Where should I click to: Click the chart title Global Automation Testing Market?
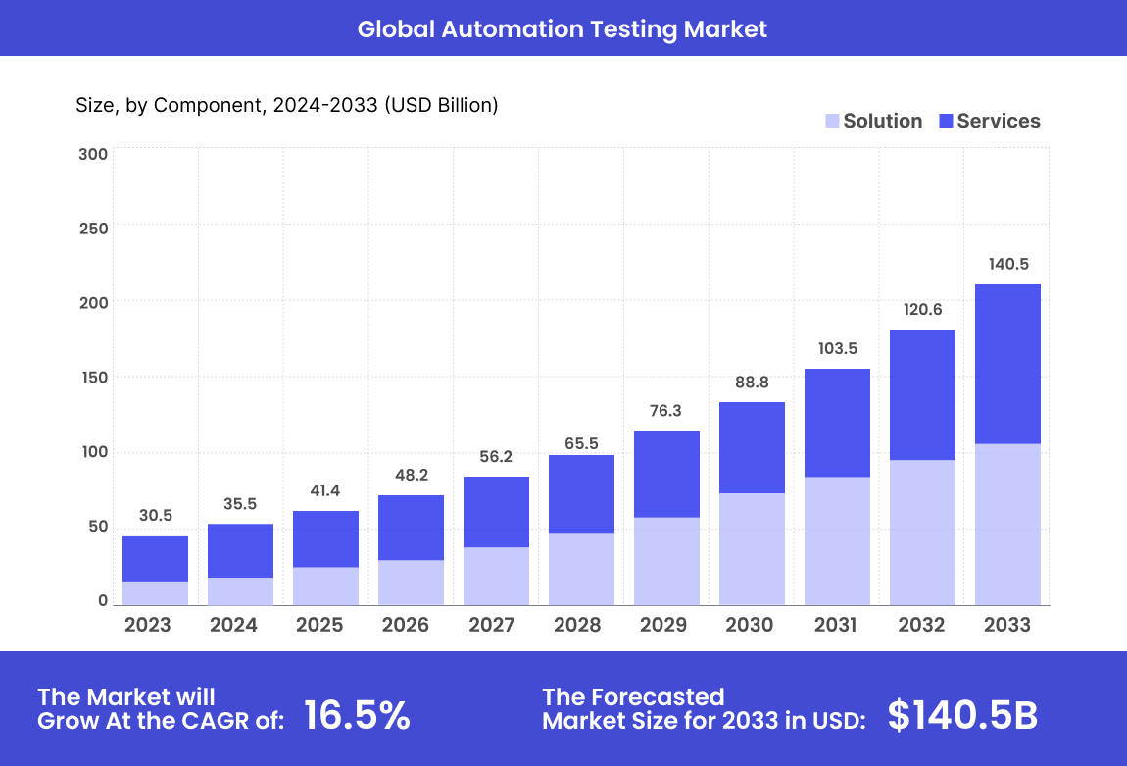(x=562, y=28)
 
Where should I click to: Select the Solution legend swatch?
(x=832, y=121)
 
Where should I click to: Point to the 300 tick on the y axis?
(x=94, y=154)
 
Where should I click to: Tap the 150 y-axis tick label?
(x=94, y=378)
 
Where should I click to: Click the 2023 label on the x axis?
(x=148, y=625)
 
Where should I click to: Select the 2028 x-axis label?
(x=577, y=625)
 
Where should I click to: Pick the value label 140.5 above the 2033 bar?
(x=1007, y=264)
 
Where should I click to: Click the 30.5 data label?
(x=155, y=515)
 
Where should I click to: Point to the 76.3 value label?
(x=665, y=410)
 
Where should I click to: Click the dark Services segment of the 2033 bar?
(x=1007, y=363)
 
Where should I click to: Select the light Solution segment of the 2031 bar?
(x=837, y=541)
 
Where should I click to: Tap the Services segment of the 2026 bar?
(x=411, y=528)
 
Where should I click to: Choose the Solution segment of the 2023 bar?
(x=155, y=593)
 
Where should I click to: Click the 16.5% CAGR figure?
(x=357, y=716)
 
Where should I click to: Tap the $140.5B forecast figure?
(x=962, y=716)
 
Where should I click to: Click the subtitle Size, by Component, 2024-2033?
(x=287, y=105)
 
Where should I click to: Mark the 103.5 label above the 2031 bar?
(x=837, y=348)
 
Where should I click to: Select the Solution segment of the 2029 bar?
(x=666, y=561)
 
